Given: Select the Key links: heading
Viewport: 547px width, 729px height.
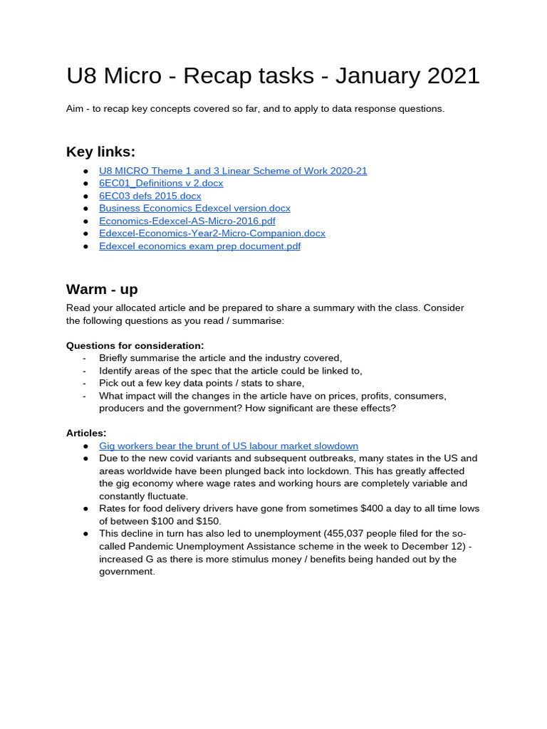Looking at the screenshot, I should (x=100, y=152).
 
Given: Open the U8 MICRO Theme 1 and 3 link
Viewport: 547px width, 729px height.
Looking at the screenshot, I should (x=233, y=171).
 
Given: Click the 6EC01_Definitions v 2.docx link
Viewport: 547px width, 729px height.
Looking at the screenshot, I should (x=161, y=183).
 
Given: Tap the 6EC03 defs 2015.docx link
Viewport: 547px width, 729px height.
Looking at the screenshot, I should (x=150, y=196).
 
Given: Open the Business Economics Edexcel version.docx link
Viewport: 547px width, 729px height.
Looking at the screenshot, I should (x=194, y=208).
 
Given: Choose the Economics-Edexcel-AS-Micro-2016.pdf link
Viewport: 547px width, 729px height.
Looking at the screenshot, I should (x=187, y=221).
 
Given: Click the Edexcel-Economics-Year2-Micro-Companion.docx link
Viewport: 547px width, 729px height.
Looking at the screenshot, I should (x=212, y=233).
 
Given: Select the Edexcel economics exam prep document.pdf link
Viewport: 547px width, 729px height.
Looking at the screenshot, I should (x=199, y=246).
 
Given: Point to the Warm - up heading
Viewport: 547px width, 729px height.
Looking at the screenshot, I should (x=102, y=289).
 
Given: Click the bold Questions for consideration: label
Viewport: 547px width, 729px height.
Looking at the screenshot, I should (x=135, y=345).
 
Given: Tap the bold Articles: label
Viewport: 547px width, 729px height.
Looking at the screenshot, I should (x=86, y=433).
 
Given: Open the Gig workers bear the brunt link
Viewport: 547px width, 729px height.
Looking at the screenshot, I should (x=228, y=446).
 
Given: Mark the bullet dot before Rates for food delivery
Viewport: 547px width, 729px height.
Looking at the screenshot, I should (x=85, y=508).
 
